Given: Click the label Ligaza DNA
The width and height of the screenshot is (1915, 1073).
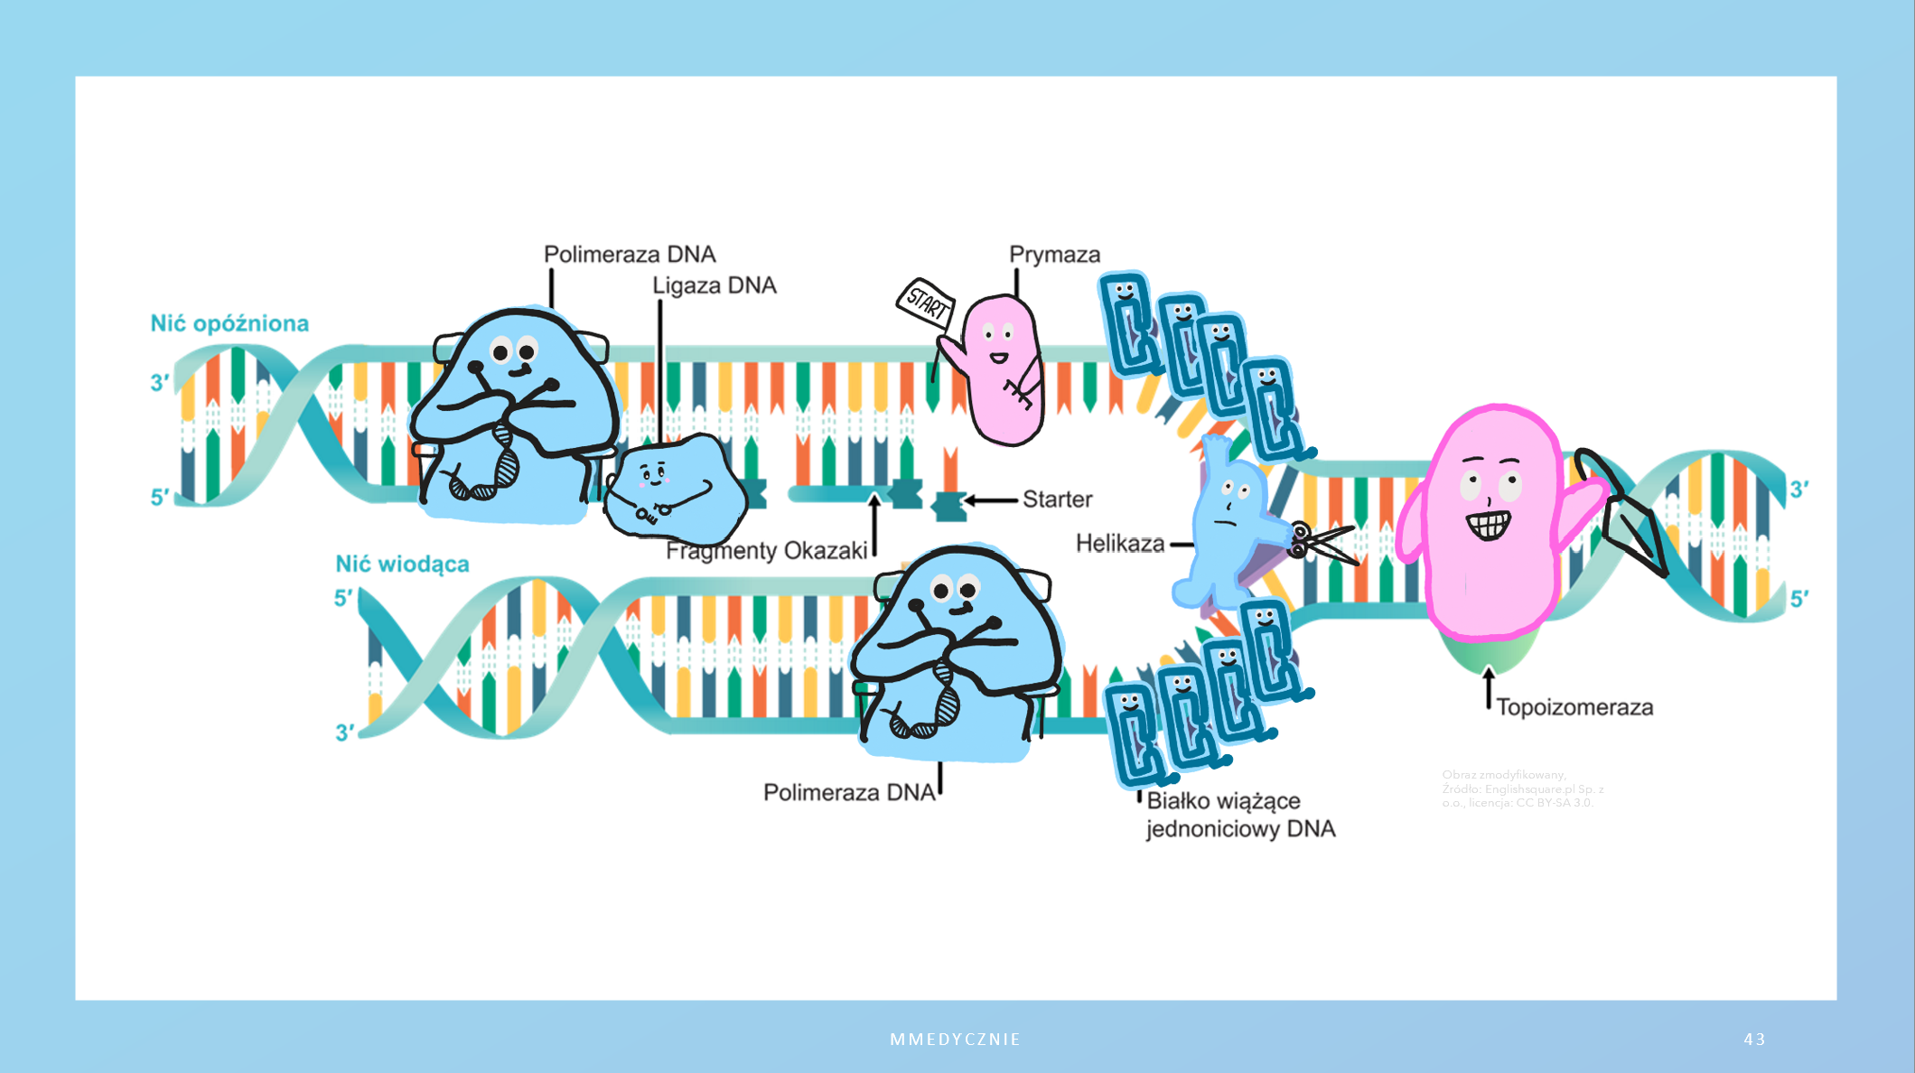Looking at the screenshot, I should pyautogui.click(x=714, y=285).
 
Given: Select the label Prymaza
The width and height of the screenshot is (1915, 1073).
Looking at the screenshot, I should pyautogui.click(x=1054, y=255).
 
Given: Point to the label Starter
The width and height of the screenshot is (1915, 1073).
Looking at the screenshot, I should pyautogui.click(x=1057, y=499).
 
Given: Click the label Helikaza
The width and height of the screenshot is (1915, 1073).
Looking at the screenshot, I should pyautogui.click(x=1119, y=544).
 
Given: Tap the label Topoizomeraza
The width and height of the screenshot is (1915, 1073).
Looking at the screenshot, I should pyautogui.click(x=1574, y=707).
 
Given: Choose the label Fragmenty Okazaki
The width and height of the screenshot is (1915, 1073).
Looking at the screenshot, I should pyautogui.click(x=766, y=551).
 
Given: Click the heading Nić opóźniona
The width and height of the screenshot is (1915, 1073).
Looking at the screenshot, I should pyautogui.click(x=229, y=323).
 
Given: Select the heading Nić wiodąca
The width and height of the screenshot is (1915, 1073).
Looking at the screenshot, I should pyautogui.click(x=402, y=564).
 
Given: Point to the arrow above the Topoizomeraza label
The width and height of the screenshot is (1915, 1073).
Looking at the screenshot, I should pyautogui.click(x=1489, y=688).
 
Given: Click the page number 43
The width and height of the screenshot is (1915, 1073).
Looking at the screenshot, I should pyautogui.click(x=1754, y=1040).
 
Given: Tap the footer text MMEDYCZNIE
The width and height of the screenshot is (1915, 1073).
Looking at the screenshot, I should pyautogui.click(x=955, y=1040).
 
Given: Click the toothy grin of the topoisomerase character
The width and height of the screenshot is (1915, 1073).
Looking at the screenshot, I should pyautogui.click(x=1488, y=524).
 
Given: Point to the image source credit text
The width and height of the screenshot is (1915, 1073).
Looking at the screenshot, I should pyautogui.click(x=1522, y=788).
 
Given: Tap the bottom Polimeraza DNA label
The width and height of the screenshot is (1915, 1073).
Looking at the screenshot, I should pyautogui.click(x=848, y=793).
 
